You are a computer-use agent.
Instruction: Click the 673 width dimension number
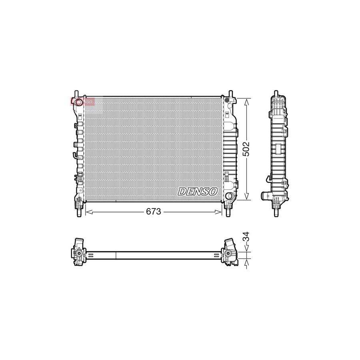[x=154, y=212]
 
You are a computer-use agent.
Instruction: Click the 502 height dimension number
[x=246, y=148]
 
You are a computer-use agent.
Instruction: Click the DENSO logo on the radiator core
[x=198, y=192]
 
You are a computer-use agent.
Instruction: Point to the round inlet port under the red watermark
[x=79, y=103]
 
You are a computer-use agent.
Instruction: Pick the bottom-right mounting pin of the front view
[x=229, y=212]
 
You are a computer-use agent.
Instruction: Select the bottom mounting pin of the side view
[x=276, y=212]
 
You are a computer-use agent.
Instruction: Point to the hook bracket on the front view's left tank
[x=74, y=156]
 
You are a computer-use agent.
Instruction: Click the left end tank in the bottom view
[x=79, y=252]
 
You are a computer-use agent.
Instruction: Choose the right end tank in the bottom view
[x=230, y=252]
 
